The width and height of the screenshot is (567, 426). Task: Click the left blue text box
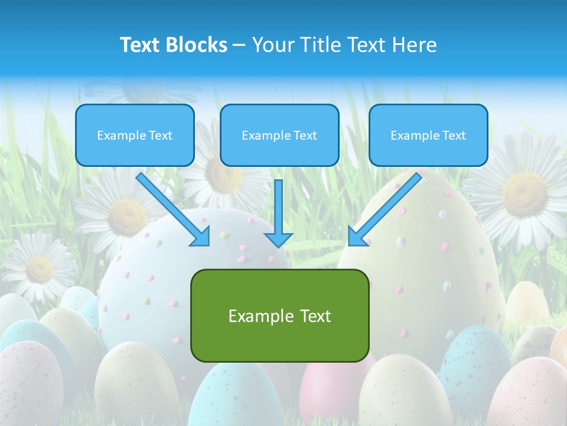(x=135, y=135)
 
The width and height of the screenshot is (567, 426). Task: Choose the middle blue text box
(x=279, y=135)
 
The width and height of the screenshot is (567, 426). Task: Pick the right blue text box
(x=428, y=135)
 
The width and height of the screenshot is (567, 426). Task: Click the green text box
(x=279, y=315)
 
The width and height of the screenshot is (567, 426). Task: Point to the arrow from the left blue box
(x=173, y=209)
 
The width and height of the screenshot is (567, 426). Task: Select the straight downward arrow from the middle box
(x=278, y=210)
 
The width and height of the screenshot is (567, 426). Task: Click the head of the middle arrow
(x=278, y=239)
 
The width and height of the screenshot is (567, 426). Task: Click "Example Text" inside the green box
(x=279, y=316)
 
